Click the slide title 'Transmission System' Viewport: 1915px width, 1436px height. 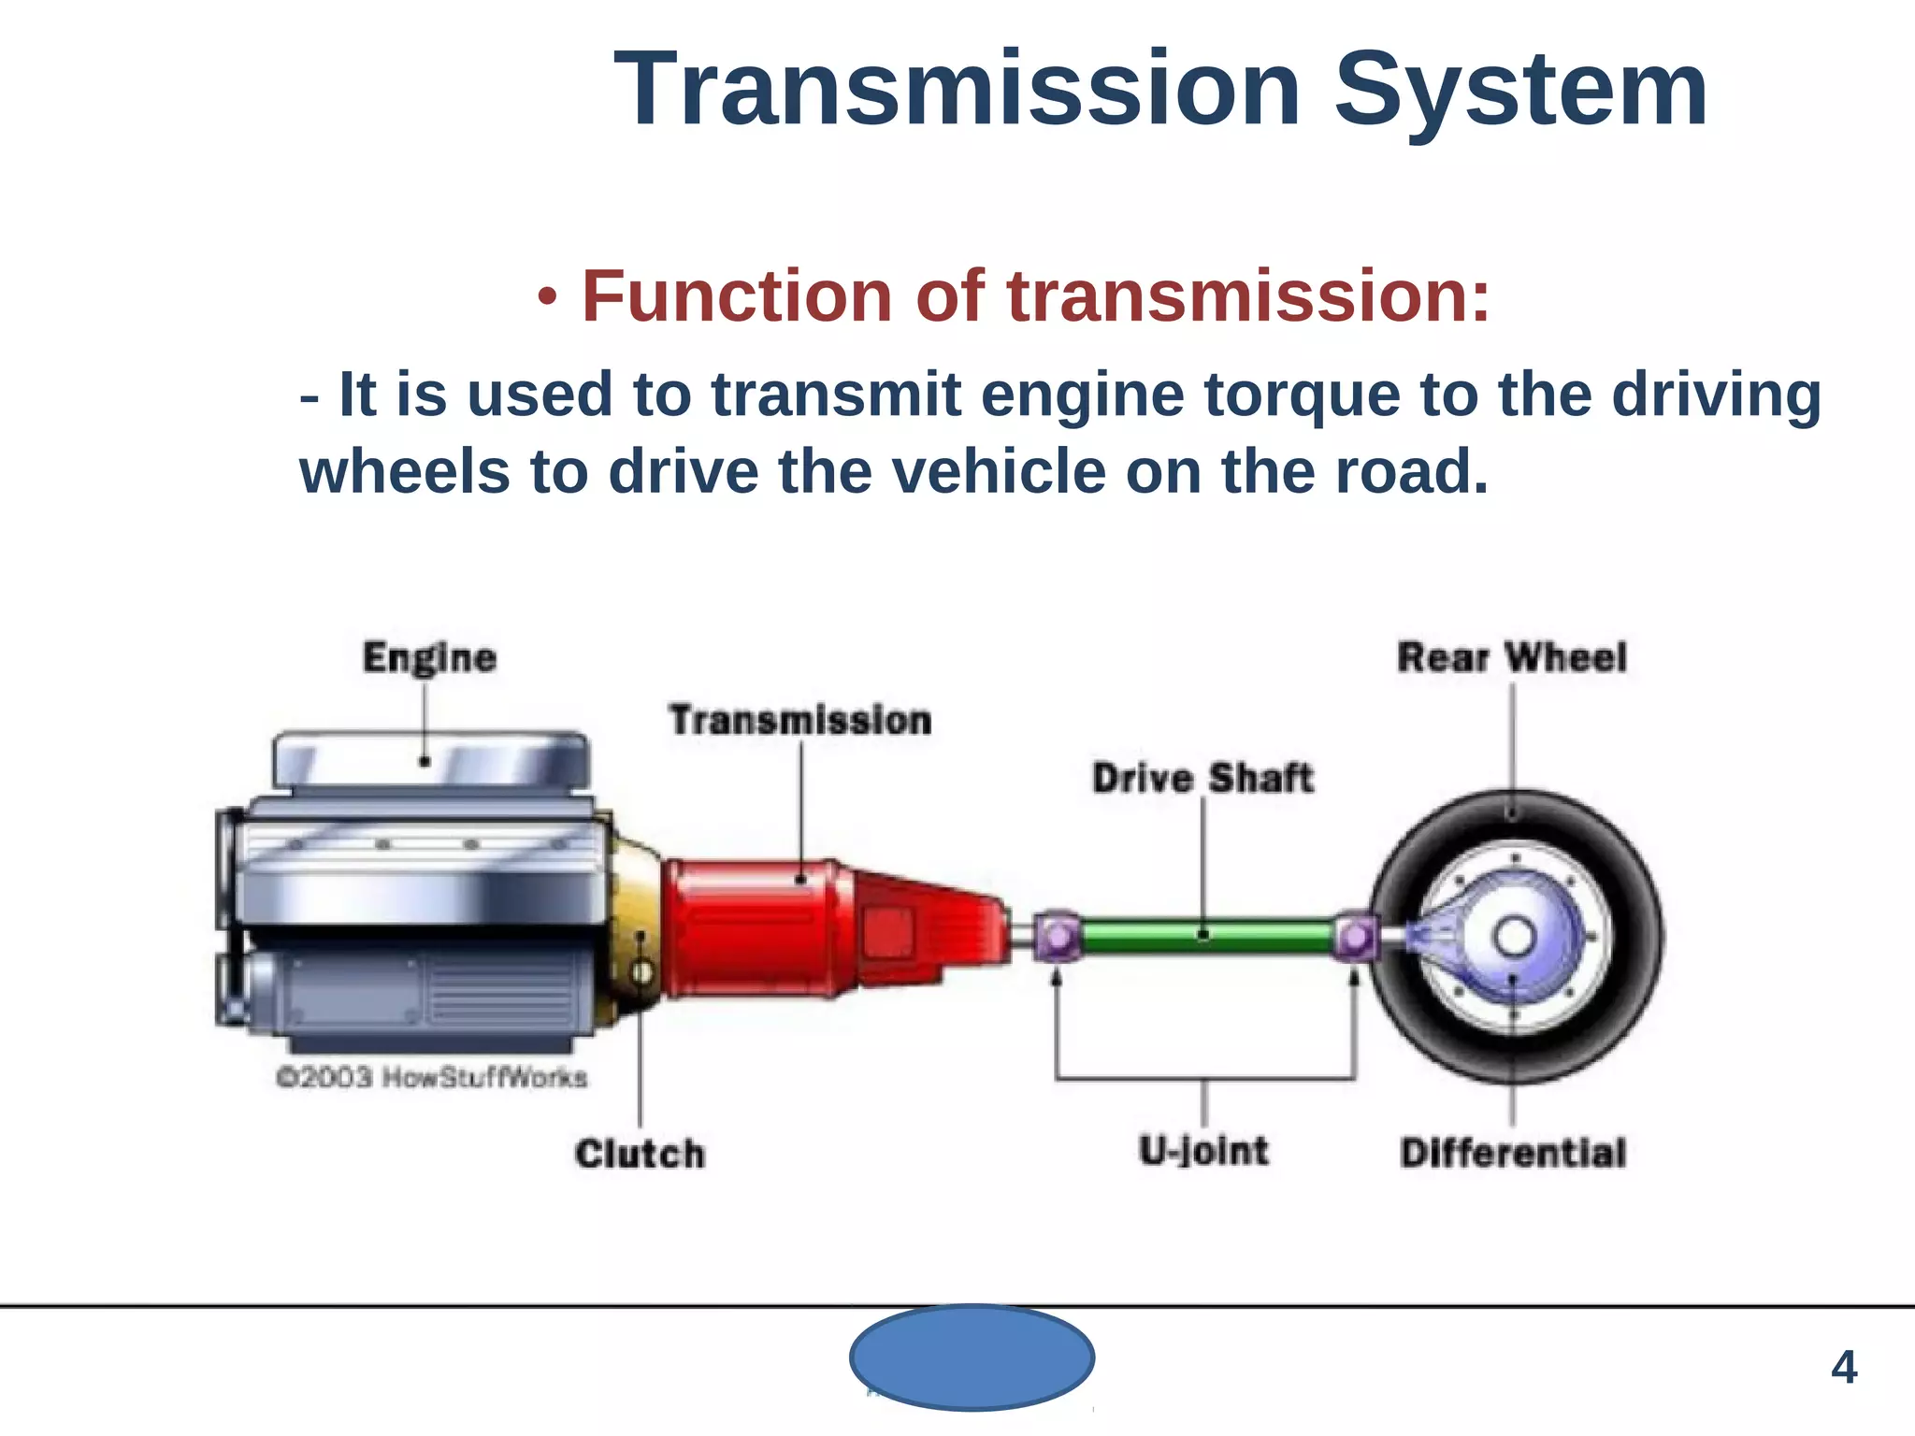coord(1160,91)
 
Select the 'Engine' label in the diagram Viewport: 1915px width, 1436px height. coord(429,657)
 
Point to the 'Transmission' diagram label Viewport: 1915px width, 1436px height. coord(800,720)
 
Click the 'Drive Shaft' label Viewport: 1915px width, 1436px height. coord(1202,778)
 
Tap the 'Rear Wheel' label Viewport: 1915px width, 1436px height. coord(1511,657)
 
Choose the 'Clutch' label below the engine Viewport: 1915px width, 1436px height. coord(640,1154)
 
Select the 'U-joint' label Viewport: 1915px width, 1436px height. coord(1203,1151)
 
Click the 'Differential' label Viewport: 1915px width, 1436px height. coord(1512,1153)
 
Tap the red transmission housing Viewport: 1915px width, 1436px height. coord(757,926)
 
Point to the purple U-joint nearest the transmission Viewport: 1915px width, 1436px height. coord(1058,936)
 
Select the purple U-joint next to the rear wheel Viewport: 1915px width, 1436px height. coord(1356,936)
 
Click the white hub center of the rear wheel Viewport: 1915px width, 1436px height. coord(1514,937)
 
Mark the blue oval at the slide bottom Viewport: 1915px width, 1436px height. coord(972,1357)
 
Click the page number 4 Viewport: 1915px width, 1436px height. coord(1843,1368)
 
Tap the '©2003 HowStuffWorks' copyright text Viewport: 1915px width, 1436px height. coord(431,1078)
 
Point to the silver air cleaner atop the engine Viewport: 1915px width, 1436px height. coord(430,758)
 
